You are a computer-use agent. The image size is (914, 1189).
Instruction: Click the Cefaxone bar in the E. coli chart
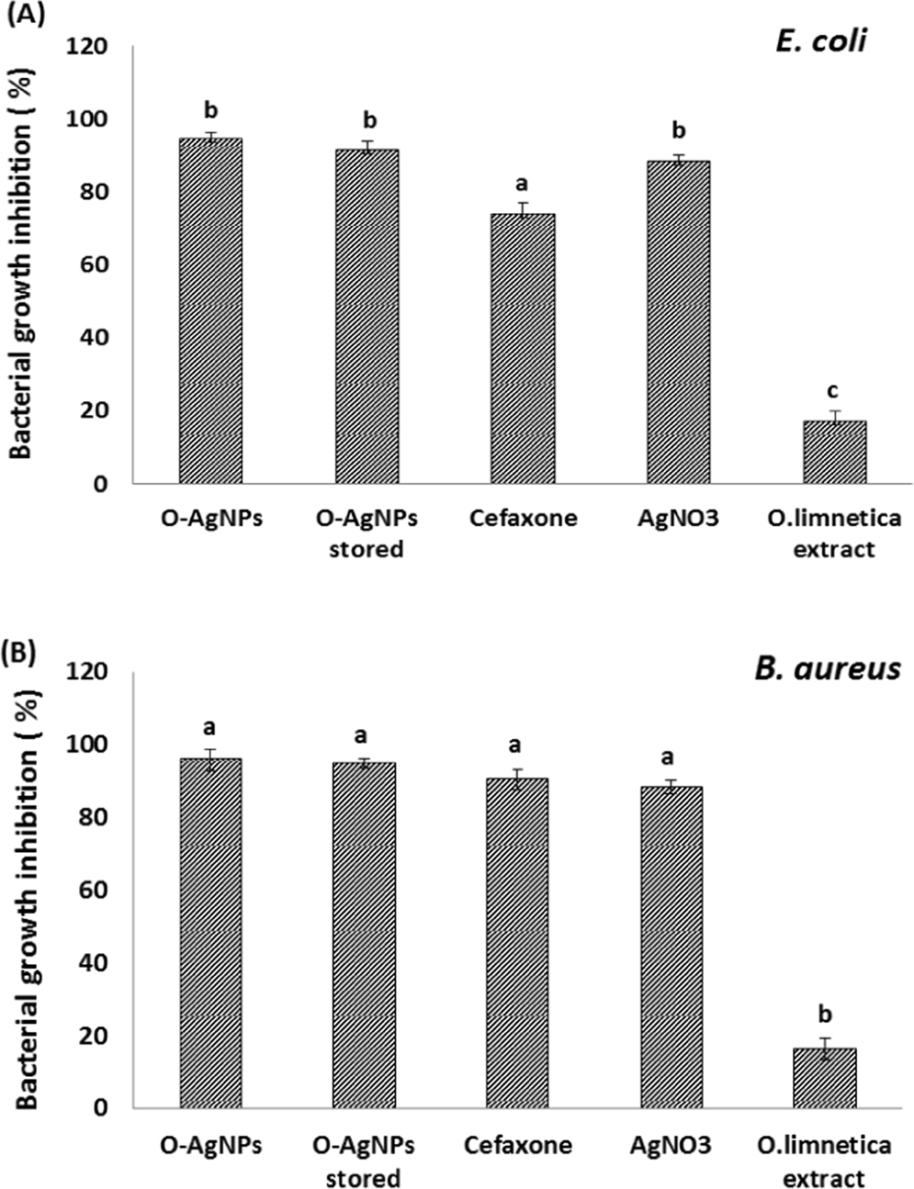[522, 349]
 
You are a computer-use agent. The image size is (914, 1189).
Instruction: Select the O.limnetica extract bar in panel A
[834, 452]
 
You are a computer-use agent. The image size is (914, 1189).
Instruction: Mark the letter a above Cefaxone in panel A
[523, 183]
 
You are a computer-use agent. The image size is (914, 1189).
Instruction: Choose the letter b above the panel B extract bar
[825, 1014]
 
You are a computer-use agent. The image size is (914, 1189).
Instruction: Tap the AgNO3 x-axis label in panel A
[678, 518]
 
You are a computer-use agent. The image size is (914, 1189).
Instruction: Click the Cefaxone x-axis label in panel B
[517, 1145]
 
